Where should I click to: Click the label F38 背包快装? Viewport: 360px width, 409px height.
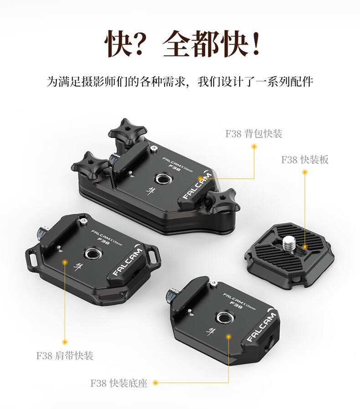(254, 134)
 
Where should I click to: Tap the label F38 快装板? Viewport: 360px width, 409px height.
(305, 160)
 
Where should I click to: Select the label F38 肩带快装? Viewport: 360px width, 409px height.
(65, 356)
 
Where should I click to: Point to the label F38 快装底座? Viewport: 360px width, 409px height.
(119, 383)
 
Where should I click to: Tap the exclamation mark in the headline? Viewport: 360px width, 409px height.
(257, 42)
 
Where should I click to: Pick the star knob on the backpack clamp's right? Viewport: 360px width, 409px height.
(222, 199)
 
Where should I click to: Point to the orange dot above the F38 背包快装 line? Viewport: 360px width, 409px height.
(254, 147)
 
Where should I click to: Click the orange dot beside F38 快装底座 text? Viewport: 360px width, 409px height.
(155, 383)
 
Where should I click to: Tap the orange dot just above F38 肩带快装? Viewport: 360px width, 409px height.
(65, 342)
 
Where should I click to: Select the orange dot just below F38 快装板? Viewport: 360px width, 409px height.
(304, 172)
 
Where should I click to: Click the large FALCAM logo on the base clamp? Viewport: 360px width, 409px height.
(261, 327)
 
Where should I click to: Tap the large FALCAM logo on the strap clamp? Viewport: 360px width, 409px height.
(128, 262)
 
